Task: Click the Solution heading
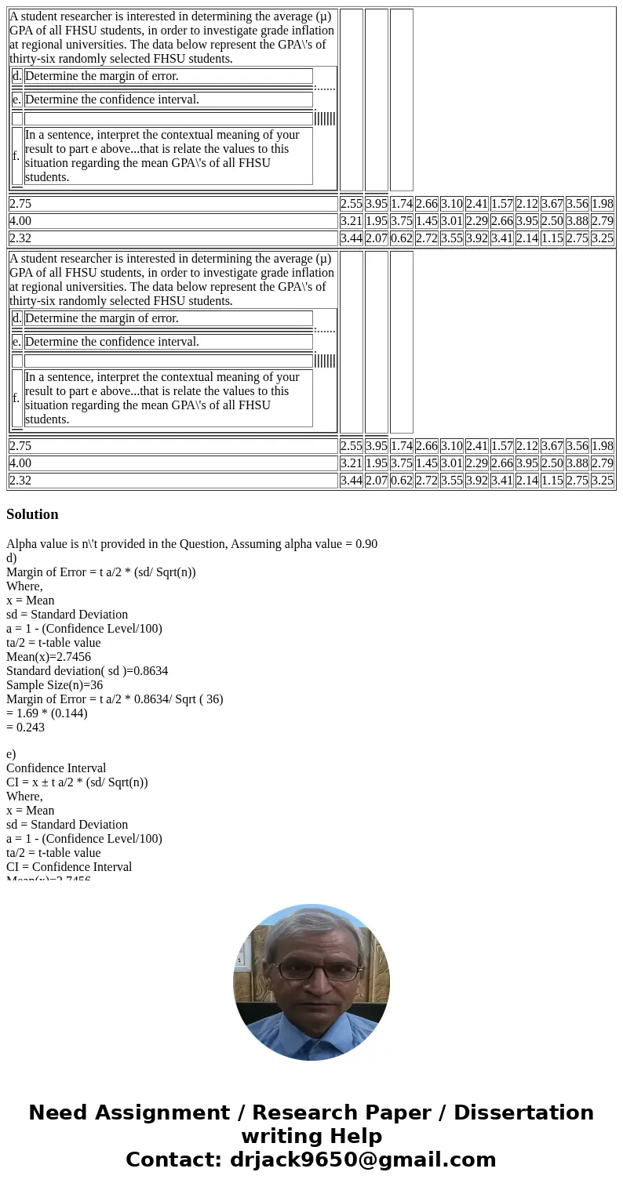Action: [x=32, y=514]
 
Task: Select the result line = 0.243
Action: [x=25, y=727]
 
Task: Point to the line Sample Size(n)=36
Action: [x=54, y=684]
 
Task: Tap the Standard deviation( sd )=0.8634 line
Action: [x=87, y=670]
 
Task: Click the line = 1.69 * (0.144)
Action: [x=47, y=713]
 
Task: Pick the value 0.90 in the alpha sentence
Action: [x=365, y=543]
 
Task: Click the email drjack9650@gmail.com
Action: [x=363, y=1160]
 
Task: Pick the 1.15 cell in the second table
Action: [x=552, y=481]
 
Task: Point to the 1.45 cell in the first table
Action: [x=426, y=221]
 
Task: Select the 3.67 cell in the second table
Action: [x=552, y=446]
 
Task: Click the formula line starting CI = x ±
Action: [x=77, y=782]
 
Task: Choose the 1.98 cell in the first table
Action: [x=602, y=204]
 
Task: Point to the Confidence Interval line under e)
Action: [x=56, y=768]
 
